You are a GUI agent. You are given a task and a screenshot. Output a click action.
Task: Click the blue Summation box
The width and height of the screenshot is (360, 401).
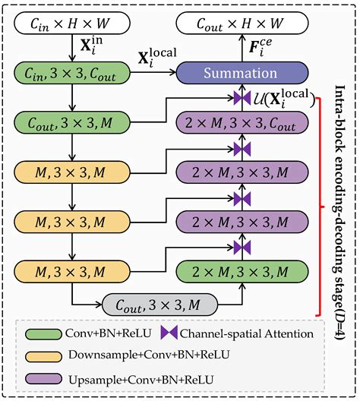242,74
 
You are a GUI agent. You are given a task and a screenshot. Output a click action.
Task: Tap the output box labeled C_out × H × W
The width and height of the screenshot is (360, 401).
241,25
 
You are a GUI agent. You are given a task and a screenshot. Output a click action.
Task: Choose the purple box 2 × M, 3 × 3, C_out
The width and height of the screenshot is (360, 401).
242,123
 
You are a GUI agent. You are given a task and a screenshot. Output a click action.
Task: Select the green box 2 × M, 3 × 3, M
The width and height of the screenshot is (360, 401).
242,271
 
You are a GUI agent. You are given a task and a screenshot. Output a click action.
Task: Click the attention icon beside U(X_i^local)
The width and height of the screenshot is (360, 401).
242,99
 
